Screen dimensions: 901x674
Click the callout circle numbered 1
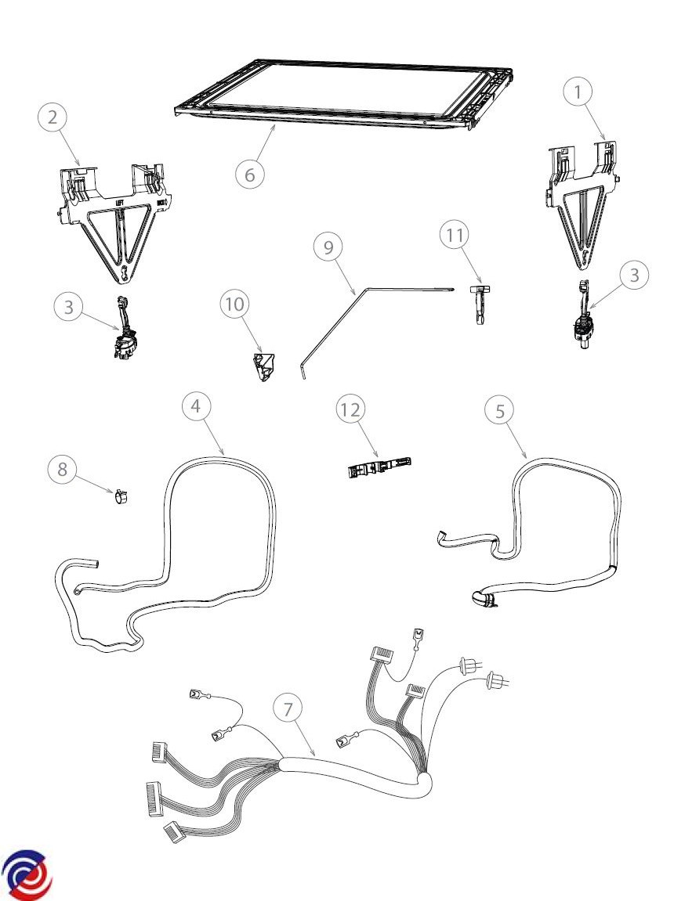click(x=578, y=92)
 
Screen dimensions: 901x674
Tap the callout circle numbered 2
click(x=53, y=118)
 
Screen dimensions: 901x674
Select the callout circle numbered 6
click(x=250, y=174)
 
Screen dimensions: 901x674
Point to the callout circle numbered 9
click(x=328, y=247)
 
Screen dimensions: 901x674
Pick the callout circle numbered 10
click(x=235, y=304)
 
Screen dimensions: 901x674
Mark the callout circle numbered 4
click(x=196, y=405)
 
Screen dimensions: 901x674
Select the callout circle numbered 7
click(x=288, y=708)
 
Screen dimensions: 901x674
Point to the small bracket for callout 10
click(x=263, y=366)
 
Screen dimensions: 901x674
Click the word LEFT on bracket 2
click(x=121, y=202)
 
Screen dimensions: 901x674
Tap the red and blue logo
click(x=27, y=874)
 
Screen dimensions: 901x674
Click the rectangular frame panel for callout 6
click(x=345, y=94)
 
